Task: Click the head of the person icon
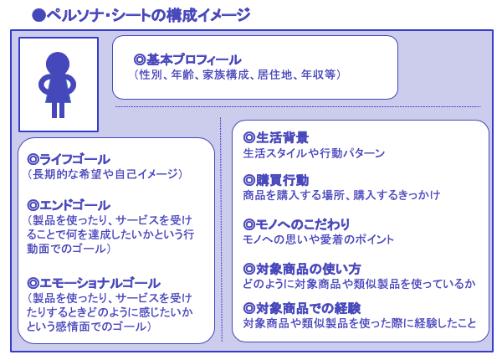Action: (x=58, y=63)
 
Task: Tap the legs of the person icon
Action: (x=58, y=110)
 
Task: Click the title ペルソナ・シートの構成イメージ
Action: (x=149, y=15)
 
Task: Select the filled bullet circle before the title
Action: (x=38, y=15)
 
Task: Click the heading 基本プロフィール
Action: (x=194, y=59)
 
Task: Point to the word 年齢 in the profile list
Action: (x=182, y=75)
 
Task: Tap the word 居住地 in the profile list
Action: (x=274, y=75)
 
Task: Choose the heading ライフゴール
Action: (x=75, y=159)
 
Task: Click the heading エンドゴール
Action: (x=75, y=205)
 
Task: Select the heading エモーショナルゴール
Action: (x=100, y=283)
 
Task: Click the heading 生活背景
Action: (x=282, y=138)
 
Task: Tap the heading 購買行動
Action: (x=282, y=180)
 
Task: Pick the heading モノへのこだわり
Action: (x=303, y=224)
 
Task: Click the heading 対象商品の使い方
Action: (x=308, y=269)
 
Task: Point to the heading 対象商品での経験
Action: (x=308, y=308)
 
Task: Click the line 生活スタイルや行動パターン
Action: (x=314, y=153)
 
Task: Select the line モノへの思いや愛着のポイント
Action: (x=318, y=239)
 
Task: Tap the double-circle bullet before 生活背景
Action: (x=248, y=138)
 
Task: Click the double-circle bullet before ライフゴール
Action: (x=33, y=159)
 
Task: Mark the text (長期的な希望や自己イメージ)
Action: (x=105, y=174)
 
